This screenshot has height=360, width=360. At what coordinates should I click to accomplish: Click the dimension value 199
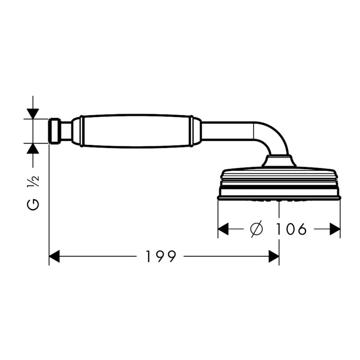[x=161, y=256]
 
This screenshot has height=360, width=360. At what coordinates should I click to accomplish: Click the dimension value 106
[x=291, y=229]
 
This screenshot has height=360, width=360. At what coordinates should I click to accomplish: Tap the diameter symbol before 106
[x=256, y=229]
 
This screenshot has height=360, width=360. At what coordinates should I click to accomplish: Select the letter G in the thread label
[x=33, y=204]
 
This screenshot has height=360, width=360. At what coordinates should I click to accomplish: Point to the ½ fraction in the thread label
[x=33, y=182]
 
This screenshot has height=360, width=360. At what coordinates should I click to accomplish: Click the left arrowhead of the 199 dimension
[x=55, y=256]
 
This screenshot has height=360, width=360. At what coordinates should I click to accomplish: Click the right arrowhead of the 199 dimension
[x=274, y=256]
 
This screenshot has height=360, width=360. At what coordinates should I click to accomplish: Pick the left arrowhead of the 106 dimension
[x=223, y=229]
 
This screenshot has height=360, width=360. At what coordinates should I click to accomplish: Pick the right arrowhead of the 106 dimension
[x=335, y=229]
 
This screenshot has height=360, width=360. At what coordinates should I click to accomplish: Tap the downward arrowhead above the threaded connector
[x=33, y=114]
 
